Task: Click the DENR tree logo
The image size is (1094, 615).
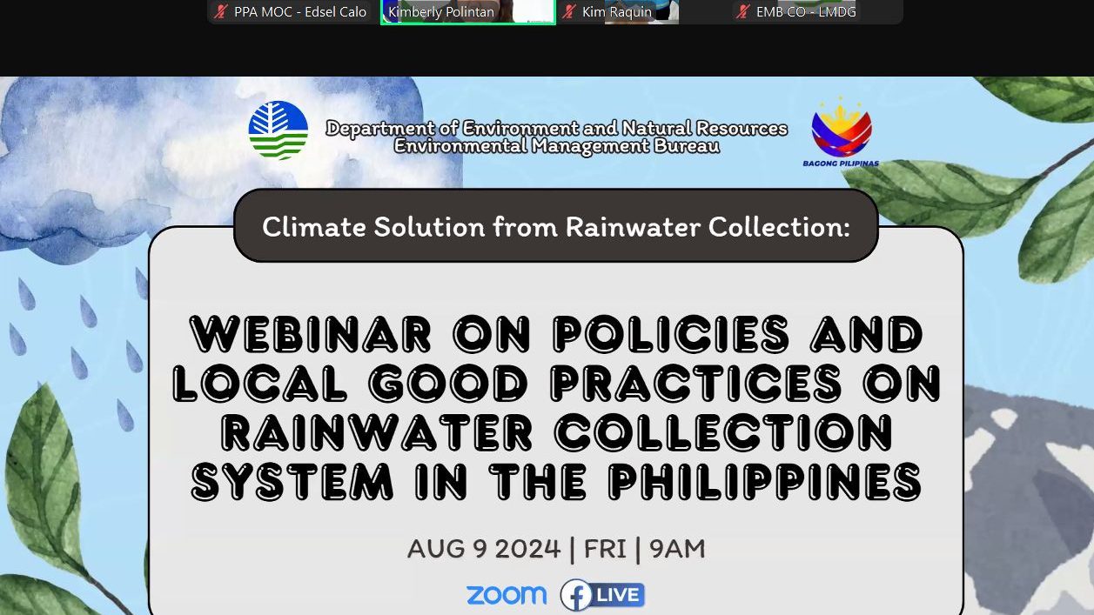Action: (x=278, y=130)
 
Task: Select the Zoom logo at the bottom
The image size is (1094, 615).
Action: (x=507, y=595)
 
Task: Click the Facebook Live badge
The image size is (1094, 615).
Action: (x=602, y=595)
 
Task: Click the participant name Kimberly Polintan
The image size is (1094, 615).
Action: (x=441, y=11)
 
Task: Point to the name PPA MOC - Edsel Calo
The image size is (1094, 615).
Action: (x=300, y=11)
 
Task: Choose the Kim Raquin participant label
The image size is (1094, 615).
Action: (x=617, y=11)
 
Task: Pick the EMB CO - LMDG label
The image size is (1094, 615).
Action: (x=806, y=11)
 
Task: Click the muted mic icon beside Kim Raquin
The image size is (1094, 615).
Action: (x=568, y=11)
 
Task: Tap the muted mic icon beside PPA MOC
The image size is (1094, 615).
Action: (x=221, y=11)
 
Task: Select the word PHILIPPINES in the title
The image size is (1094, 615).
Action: (x=765, y=482)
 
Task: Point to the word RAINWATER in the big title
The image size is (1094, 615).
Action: (x=377, y=432)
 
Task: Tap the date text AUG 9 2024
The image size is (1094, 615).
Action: (x=484, y=549)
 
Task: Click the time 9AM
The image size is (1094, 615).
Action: (x=677, y=549)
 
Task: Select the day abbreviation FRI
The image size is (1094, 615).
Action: (x=605, y=549)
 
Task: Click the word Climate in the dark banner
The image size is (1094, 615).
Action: (x=313, y=227)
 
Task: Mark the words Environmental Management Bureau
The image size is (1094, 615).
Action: (x=557, y=145)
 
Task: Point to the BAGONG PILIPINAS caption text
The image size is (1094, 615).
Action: (x=841, y=164)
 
